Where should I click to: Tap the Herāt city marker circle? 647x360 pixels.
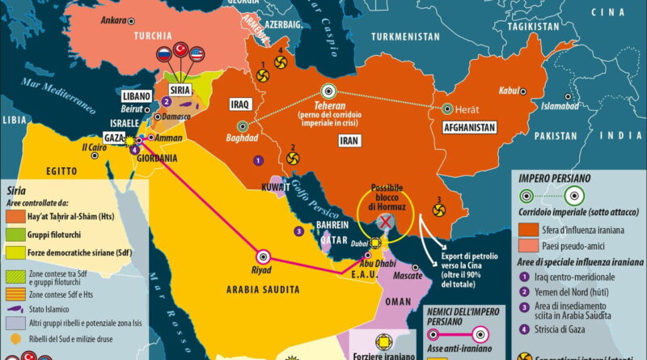click(x=446, y=108)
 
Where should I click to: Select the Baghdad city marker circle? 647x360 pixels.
click(x=241, y=125)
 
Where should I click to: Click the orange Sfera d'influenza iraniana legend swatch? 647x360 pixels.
click(x=528, y=230)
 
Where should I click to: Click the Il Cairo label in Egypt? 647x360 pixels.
click(x=95, y=148)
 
